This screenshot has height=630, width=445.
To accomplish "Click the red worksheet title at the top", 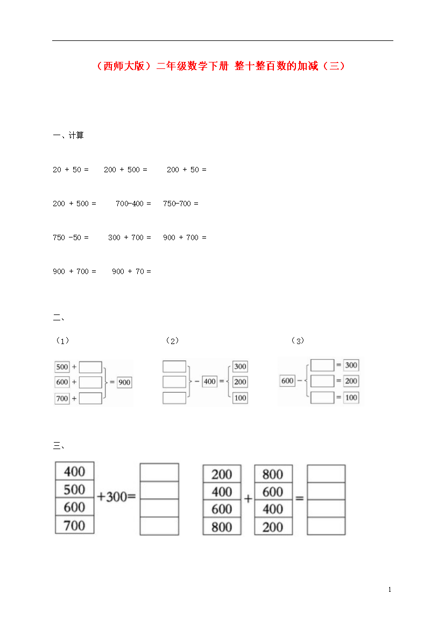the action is (x=220, y=66).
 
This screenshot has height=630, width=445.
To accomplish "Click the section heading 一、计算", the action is (x=68, y=135).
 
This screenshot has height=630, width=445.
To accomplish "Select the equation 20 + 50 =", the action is (x=70, y=170).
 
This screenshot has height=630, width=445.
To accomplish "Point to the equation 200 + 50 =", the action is (x=186, y=170).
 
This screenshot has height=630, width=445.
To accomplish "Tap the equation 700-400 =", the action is (x=133, y=204).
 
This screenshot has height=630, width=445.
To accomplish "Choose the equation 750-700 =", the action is (x=181, y=204).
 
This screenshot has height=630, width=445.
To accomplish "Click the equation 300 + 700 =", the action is (x=129, y=237).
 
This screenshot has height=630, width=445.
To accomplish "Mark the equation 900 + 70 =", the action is (x=131, y=271).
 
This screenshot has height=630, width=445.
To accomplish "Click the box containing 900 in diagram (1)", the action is (x=124, y=382).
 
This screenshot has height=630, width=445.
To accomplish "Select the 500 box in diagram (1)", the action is (x=62, y=367).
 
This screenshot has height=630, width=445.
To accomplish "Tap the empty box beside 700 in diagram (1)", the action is (x=90, y=398).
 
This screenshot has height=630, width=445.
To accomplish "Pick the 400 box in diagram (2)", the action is (x=210, y=381).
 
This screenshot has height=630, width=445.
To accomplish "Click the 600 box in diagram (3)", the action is (x=287, y=381).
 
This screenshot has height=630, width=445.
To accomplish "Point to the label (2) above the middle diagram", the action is (x=172, y=341).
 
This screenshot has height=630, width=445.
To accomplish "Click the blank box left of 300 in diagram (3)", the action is (x=322, y=365).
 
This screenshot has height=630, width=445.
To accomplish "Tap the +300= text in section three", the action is (x=116, y=496).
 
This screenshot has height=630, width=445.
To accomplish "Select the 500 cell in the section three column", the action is (x=75, y=489).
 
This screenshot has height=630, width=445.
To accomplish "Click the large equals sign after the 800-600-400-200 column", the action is (x=300, y=498).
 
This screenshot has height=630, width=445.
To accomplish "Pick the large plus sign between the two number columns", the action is (x=248, y=499).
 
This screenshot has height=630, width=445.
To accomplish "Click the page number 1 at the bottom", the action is (x=390, y=590).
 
